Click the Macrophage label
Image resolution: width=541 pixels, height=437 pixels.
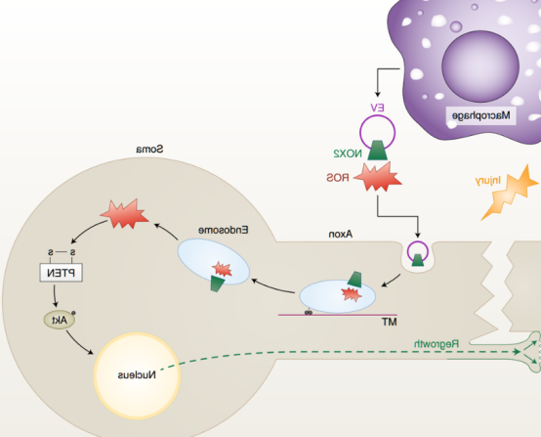pyautogui.click(x=481, y=115)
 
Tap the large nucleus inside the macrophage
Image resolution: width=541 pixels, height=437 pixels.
pyautogui.click(x=480, y=66)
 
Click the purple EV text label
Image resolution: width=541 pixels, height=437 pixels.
pyautogui.click(x=377, y=108)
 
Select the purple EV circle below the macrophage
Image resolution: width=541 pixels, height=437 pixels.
pyautogui.click(x=378, y=132)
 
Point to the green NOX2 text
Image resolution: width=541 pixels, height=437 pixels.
pyautogui.click(x=348, y=153)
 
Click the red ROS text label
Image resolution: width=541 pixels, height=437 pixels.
pyautogui.click(x=338, y=178)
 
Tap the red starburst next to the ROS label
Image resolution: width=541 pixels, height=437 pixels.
pyautogui.click(x=378, y=177)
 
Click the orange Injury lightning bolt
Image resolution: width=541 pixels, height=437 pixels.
pyautogui.click(x=510, y=192)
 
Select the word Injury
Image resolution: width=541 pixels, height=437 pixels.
pyautogui.click(x=487, y=180)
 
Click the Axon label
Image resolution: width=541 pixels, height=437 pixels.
pyautogui.click(x=341, y=235)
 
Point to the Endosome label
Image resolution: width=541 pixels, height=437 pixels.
pyautogui.click(x=224, y=230)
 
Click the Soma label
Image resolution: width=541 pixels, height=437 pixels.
pyautogui.click(x=149, y=150)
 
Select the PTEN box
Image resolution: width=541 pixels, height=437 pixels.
pyautogui.click(x=62, y=273)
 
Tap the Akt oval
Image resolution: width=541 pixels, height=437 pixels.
pyautogui.click(x=60, y=320)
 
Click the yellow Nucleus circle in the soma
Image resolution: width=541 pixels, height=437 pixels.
pyautogui.click(x=137, y=375)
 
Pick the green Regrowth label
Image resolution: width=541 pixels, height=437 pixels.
pyautogui.click(x=437, y=344)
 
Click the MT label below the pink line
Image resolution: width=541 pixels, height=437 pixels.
pyautogui.click(x=390, y=323)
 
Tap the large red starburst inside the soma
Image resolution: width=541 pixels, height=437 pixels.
pyautogui.click(x=125, y=214)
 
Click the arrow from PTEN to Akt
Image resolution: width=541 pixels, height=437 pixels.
pyautogui.click(x=55, y=295)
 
